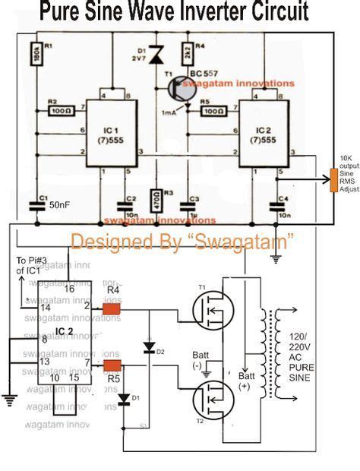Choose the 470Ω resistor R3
click(157, 201)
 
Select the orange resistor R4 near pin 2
click(112, 309)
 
